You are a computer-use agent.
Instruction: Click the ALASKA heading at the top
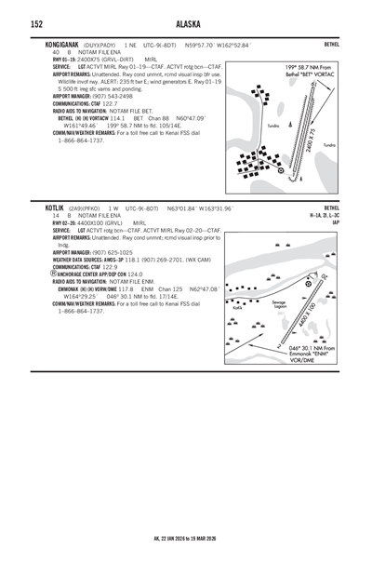point(185,24)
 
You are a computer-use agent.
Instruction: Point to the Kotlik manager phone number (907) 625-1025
point(98,252)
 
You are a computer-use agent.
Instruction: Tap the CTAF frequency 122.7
point(113,102)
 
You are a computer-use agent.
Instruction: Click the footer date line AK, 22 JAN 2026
point(185,538)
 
